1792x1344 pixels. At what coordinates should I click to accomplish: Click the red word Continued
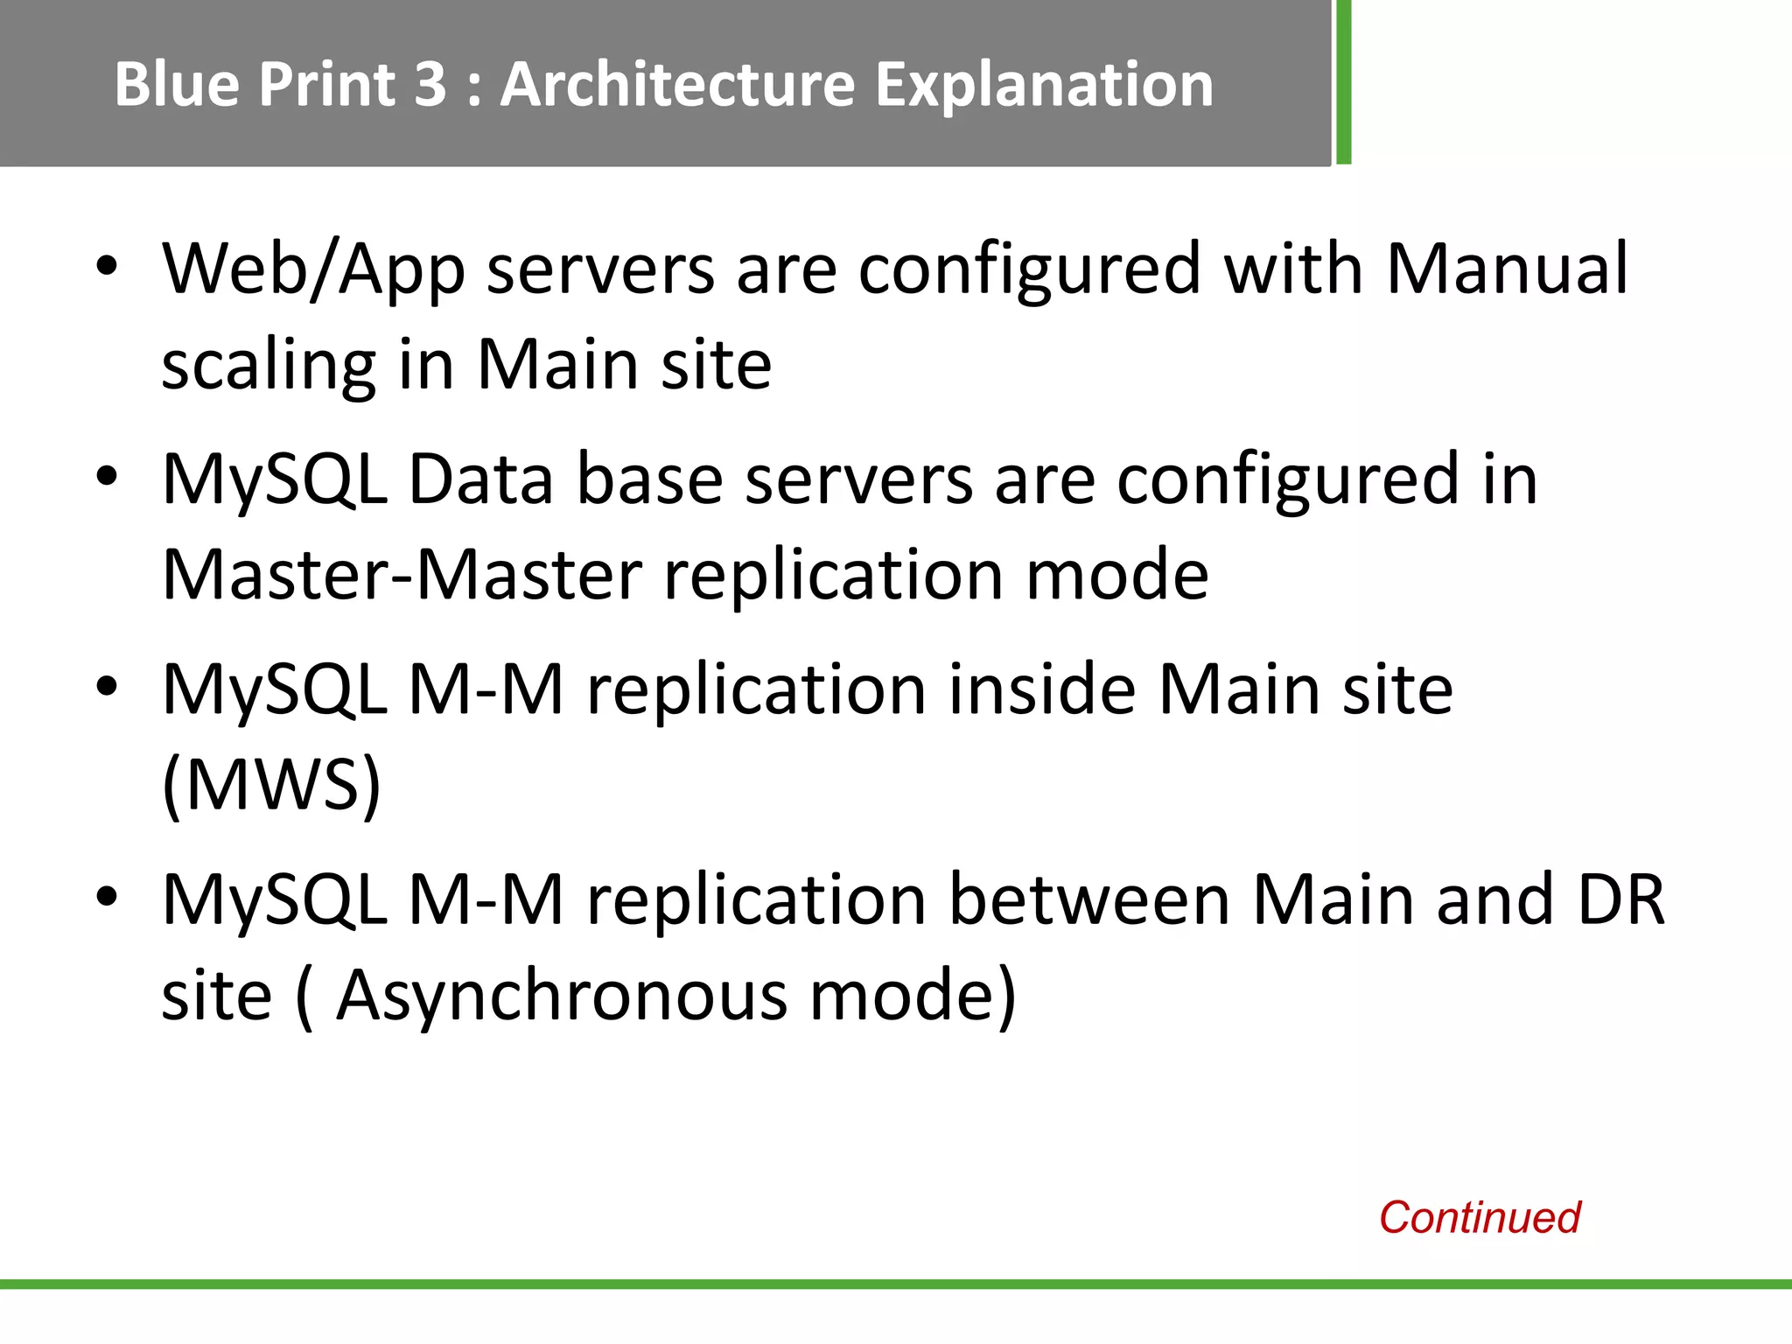click(x=1479, y=1217)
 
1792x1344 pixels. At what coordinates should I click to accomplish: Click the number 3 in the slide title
click(x=430, y=85)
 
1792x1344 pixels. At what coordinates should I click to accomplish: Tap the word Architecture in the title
click(x=676, y=85)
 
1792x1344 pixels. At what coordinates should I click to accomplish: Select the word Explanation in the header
click(x=1045, y=85)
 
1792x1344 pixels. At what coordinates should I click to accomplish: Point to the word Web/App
click(x=313, y=269)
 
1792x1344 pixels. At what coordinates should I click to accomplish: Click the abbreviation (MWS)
click(x=271, y=785)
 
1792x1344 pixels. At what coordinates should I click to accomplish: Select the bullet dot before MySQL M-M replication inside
click(x=107, y=687)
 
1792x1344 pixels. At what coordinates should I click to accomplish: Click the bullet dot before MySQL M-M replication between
click(x=107, y=897)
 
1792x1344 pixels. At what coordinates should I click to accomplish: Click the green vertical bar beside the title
click(x=1343, y=82)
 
